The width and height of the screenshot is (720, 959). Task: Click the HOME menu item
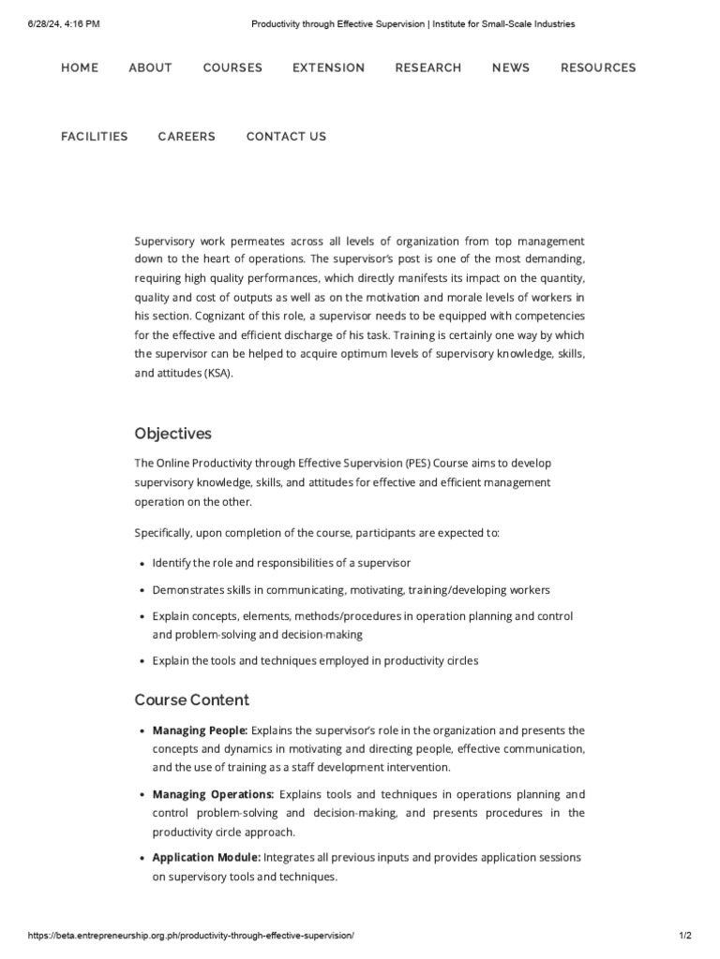[80, 67]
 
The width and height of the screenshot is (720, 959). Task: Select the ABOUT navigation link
[150, 67]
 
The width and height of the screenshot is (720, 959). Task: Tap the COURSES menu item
[232, 67]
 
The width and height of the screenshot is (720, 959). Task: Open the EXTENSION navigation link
[328, 67]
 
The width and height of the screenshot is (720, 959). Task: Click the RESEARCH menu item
[427, 67]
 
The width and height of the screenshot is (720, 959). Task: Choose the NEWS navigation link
[511, 67]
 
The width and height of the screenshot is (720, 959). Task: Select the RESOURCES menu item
[598, 67]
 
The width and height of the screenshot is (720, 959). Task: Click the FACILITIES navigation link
[95, 137]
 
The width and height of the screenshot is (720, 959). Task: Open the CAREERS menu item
[187, 137]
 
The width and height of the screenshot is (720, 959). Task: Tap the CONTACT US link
[286, 137]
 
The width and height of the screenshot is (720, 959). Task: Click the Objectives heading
[172, 434]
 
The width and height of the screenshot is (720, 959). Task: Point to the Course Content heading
[191, 700]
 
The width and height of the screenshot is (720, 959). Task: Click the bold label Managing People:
[200, 730]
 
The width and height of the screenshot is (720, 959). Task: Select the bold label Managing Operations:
[213, 794]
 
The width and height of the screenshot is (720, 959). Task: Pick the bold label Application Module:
[206, 858]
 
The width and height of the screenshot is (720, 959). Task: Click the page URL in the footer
[192, 936]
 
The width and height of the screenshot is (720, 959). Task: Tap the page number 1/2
[684, 936]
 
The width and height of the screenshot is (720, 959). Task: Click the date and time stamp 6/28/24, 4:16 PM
[65, 23]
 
